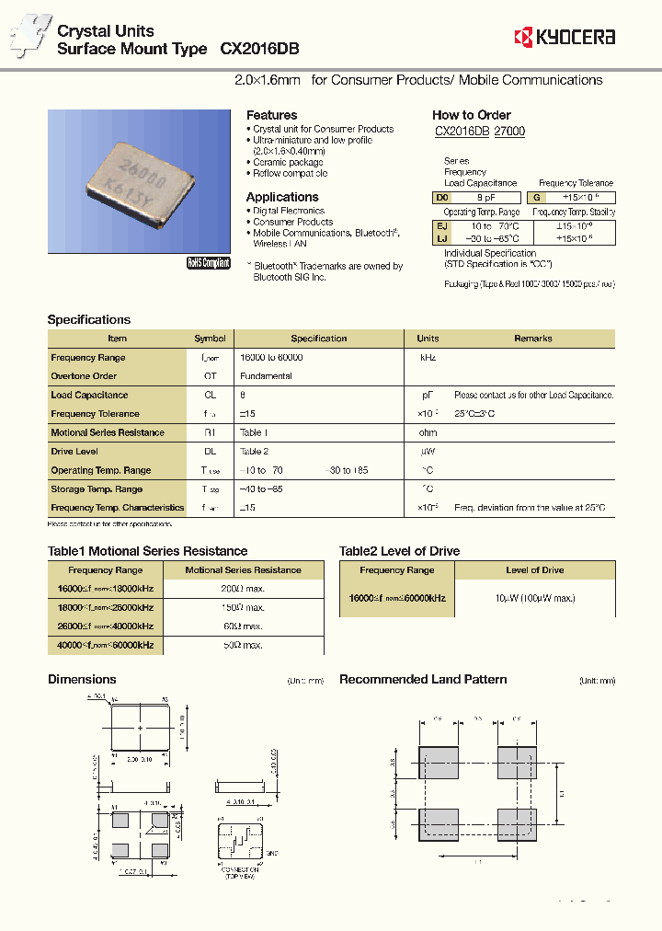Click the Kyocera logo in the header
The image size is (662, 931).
point(565,37)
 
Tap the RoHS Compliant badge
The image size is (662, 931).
point(208,263)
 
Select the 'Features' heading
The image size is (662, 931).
point(271,115)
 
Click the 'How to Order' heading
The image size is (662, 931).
point(472,115)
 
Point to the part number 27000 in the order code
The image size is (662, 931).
point(509,132)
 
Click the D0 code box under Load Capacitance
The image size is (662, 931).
point(442,197)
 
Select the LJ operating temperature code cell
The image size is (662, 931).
point(442,238)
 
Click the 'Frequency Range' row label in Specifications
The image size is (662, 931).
point(88,358)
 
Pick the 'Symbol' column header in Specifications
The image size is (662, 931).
point(210,339)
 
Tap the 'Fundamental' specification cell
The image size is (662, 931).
point(266,376)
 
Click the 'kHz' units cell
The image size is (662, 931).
point(428,358)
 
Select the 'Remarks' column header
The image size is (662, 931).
point(533,339)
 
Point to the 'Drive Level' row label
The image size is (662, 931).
point(74,452)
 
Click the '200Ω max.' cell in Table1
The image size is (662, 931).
point(243,589)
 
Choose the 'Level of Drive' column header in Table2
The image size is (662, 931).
point(534,570)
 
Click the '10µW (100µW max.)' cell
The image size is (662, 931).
point(534,598)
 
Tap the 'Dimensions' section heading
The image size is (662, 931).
point(82,680)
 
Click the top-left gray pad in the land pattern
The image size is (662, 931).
point(438,764)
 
